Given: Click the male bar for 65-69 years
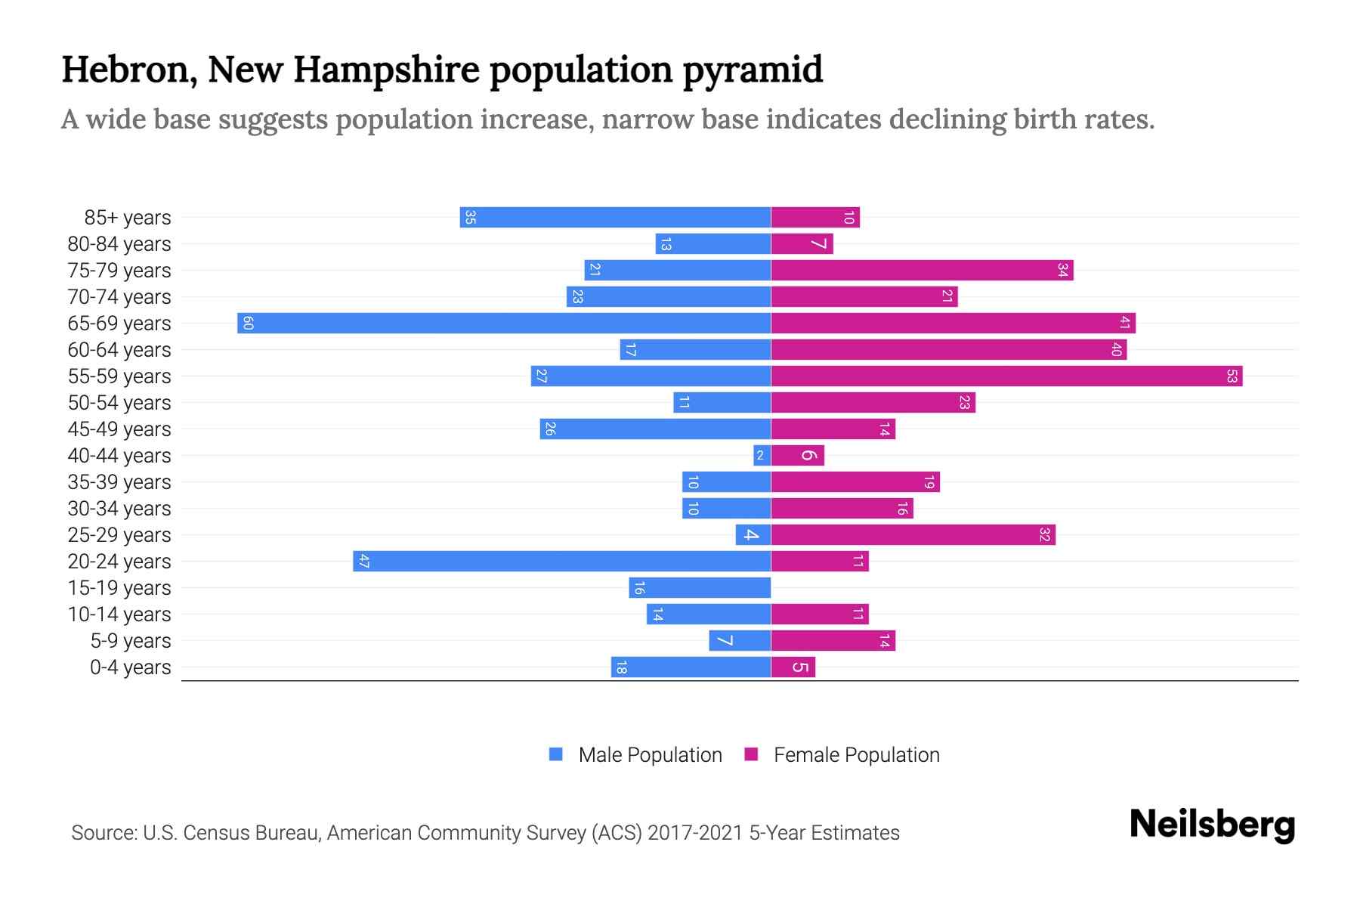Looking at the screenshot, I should click(x=504, y=323).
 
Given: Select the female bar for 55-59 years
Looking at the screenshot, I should click(x=1006, y=376).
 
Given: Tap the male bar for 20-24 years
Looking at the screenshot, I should click(x=561, y=562).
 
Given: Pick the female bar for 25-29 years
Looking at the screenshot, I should click(x=913, y=535).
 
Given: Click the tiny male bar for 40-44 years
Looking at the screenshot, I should click(x=762, y=456).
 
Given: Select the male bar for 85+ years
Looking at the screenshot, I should click(x=615, y=218).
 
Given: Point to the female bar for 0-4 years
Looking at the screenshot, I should click(x=793, y=667).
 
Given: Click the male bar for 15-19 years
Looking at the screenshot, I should click(x=700, y=588).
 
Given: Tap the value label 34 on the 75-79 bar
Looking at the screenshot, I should click(x=1062, y=271).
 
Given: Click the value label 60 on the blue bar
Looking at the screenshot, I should click(x=248, y=323).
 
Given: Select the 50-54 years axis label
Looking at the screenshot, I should click(x=119, y=403).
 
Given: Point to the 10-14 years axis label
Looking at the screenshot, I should click(x=119, y=614).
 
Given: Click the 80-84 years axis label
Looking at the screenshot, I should click(x=119, y=244).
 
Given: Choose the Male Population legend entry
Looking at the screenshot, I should click(x=650, y=755).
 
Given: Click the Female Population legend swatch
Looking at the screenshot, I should click(x=751, y=754).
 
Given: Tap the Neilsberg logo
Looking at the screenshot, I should click(x=1212, y=825).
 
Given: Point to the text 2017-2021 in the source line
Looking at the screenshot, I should click(x=695, y=833).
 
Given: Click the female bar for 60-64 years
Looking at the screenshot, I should click(x=948, y=350).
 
